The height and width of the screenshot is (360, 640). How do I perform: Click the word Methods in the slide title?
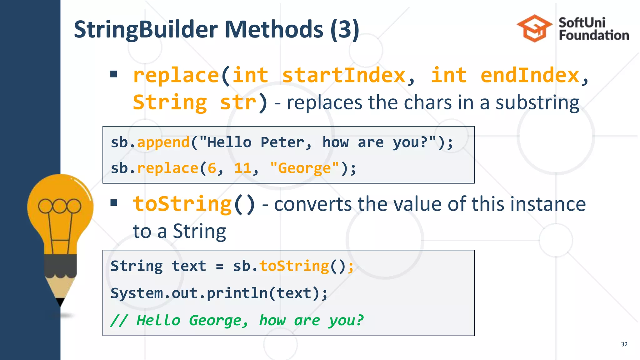pyautogui.click(x=274, y=29)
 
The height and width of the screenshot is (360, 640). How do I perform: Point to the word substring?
pyautogui.click(x=537, y=103)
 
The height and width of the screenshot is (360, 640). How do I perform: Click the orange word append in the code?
pyautogui.click(x=163, y=142)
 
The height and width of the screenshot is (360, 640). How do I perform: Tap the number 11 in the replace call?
pyautogui.click(x=243, y=168)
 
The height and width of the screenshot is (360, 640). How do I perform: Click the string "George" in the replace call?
pyautogui.click(x=304, y=168)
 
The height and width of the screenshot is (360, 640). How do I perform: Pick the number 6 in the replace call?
pyautogui.click(x=212, y=168)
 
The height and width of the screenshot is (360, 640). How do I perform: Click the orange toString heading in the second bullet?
pyautogui.click(x=182, y=204)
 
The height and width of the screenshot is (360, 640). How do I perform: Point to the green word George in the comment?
pyautogui.click(x=216, y=321)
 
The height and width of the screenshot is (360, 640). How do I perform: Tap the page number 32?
pyautogui.click(x=624, y=344)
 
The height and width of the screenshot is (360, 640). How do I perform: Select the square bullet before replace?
pyautogui.click(x=114, y=74)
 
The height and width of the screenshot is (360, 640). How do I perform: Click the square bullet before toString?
pyautogui.click(x=114, y=203)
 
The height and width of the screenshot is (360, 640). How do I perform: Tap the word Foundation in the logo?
pyautogui.click(x=594, y=35)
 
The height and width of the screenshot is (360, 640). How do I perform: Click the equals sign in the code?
pyautogui.click(x=220, y=267)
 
